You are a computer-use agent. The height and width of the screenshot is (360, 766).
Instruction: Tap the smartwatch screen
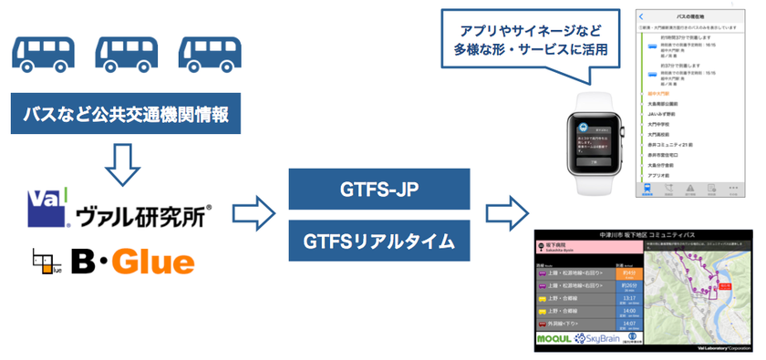[x=595, y=139]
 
